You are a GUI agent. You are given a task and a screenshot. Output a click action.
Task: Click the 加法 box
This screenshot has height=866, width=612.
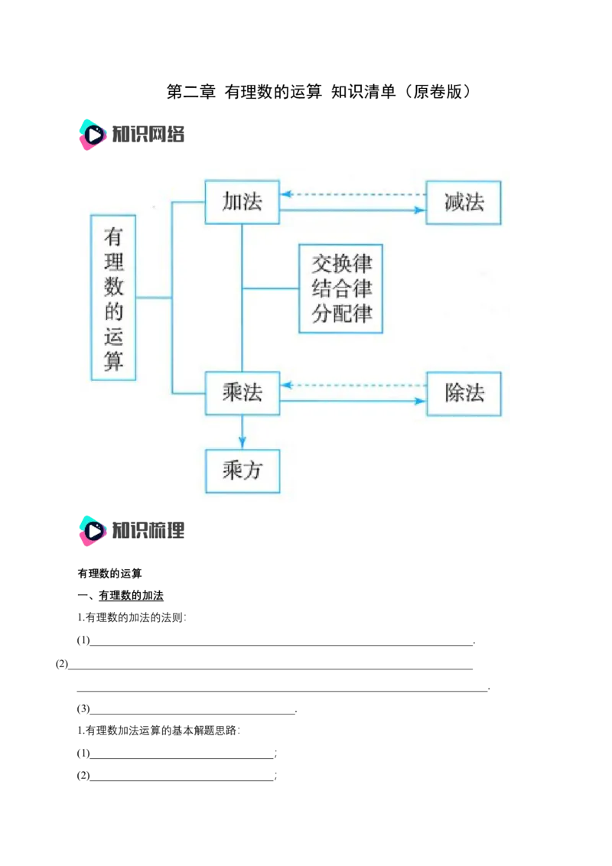242,202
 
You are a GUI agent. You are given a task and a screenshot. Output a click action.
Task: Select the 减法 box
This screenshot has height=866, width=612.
464,203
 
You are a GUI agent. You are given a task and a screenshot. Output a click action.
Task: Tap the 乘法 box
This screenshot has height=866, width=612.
242,393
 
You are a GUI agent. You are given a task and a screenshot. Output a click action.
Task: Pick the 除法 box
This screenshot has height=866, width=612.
464,394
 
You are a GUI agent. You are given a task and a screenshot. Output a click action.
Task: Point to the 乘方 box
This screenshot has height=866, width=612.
242,470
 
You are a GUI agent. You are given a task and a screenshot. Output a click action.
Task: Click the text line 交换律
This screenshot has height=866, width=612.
341,264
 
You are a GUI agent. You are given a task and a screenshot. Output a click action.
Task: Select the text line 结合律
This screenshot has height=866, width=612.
341,288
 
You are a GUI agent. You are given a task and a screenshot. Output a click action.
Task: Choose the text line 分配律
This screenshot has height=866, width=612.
341,313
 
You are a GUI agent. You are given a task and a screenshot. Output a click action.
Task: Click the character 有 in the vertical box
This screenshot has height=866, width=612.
113,237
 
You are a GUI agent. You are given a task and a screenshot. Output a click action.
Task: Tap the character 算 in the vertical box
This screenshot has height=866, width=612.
113,360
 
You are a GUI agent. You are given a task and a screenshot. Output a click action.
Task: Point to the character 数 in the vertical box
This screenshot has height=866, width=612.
113,287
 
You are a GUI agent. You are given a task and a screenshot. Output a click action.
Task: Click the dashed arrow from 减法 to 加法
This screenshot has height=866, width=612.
352,194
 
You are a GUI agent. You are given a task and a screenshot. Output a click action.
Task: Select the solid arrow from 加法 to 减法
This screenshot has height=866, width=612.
352,210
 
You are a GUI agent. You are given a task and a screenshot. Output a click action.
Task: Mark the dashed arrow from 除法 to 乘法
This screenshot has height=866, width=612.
352,385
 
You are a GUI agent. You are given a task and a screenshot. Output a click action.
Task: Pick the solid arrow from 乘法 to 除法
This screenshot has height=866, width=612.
352,401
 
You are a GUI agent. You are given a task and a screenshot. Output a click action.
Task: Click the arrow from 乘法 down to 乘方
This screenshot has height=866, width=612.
242,432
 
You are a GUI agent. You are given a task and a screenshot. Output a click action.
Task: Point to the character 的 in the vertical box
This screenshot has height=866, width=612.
113,311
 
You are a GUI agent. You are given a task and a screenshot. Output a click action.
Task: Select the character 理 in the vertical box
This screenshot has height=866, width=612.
113,262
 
